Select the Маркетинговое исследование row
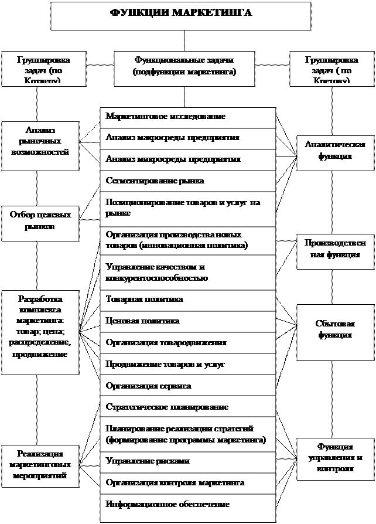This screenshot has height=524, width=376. click(x=187, y=117)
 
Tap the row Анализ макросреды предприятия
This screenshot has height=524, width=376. click(x=187, y=138)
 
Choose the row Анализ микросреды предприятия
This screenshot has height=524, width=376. click(x=187, y=159)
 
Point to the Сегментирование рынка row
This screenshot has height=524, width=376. click(x=187, y=181)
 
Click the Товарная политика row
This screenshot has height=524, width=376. click(x=187, y=300)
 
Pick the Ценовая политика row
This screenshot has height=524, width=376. click(x=187, y=321)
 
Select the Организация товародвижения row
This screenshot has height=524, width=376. click(x=187, y=342)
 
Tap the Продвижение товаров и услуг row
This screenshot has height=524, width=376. click(x=187, y=364)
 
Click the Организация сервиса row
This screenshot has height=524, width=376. click(x=187, y=386)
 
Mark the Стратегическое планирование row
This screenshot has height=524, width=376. click(x=187, y=407)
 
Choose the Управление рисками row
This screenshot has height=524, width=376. click(x=187, y=461)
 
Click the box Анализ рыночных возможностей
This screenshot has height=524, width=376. click(x=40, y=146)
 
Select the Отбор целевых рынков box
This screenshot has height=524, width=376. click(x=40, y=223)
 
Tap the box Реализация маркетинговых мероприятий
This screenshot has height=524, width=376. click(x=40, y=465)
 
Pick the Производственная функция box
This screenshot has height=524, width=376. click(x=335, y=250)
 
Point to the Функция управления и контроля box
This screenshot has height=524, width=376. click(x=335, y=458)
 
